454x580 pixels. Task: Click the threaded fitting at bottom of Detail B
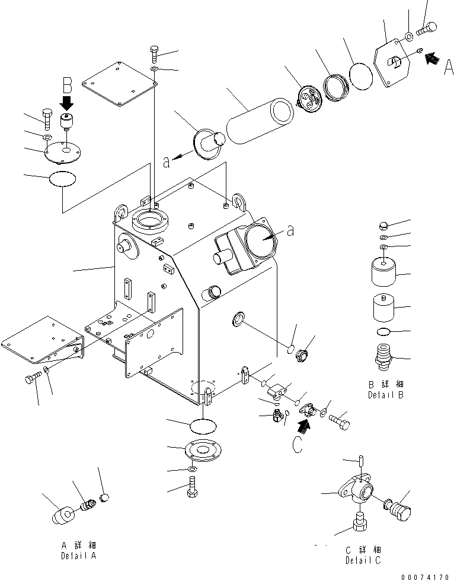[x=382, y=357]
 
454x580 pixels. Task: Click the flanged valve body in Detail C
[x=357, y=492]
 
